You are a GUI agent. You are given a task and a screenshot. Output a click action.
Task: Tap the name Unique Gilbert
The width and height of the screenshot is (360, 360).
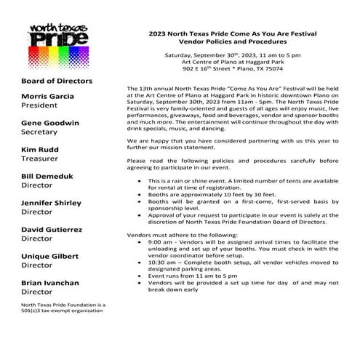[x=55, y=255]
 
